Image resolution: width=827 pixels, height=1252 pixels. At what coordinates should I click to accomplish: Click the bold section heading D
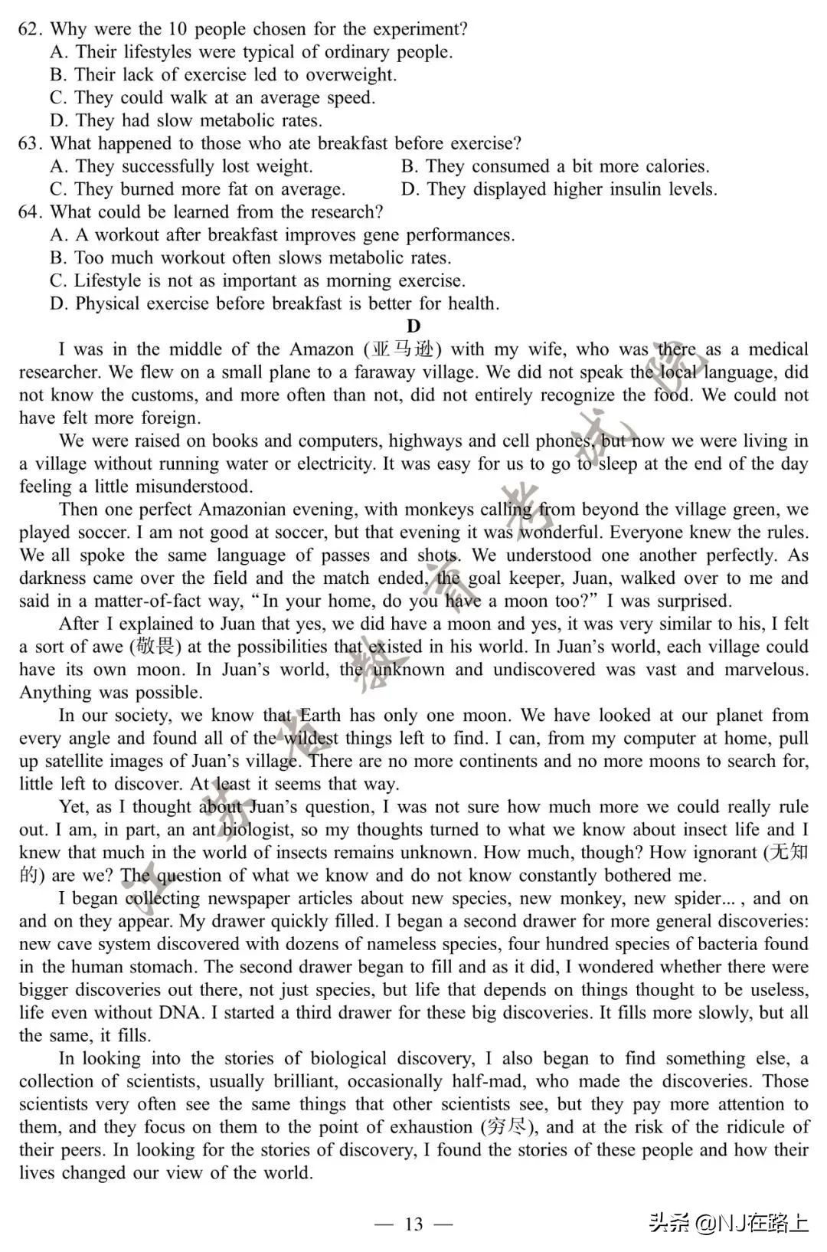pyautogui.click(x=413, y=326)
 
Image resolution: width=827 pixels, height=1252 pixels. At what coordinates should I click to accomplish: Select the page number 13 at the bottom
pyautogui.click(x=413, y=1224)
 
